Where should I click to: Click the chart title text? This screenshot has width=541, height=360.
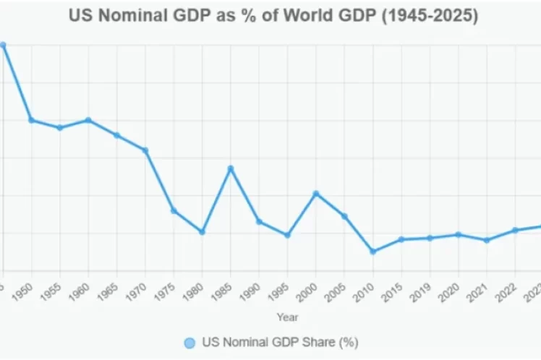pyautogui.click(x=274, y=16)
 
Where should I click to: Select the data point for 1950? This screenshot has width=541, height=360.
pyautogui.click(x=31, y=120)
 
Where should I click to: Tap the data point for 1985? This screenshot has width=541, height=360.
pyautogui.click(x=231, y=168)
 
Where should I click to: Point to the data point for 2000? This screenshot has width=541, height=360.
pyautogui.click(x=316, y=194)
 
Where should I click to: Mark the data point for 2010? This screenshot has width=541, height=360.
pyautogui.click(x=373, y=252)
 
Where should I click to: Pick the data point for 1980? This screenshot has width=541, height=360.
pyautogui.click(x=203, y=232)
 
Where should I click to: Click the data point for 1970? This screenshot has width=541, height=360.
pyautogui.click(x=145, y=150)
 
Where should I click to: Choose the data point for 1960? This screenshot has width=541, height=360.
pyautogui.click(x=88, y=120)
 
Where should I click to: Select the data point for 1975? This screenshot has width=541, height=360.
pyautogui.click(x=174, y=210)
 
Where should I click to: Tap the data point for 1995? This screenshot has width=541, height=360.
pyautogui.click(x=288, y=235)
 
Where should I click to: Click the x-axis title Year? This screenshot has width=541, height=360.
pyautogui.click(x=287, y=317)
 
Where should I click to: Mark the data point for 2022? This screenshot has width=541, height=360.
pyautogui.click(x=516, y=231)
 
